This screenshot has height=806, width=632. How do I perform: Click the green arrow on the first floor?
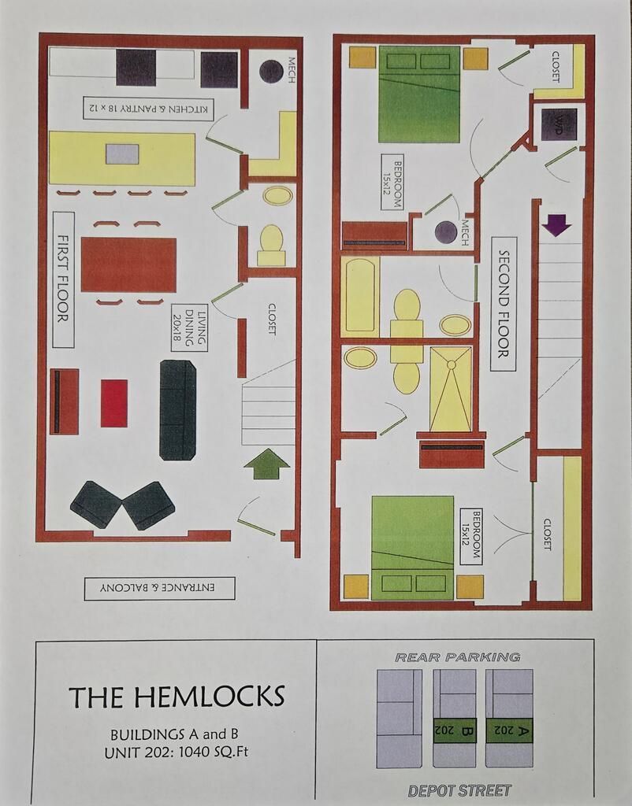pyautogui.click(x=266, y=464)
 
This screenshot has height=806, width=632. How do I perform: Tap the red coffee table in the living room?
pyautogui.click(x=113, y=404)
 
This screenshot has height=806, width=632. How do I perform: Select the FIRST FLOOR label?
pyautogui.click(x=63, y=279)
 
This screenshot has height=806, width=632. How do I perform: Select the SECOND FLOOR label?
pyautogui.click(x=503, y=305)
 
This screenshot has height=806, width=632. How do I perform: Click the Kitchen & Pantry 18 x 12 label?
pyautogui.click(x=148, y=109)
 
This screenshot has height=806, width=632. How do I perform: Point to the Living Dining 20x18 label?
pyautogui.click(x=190, y=327)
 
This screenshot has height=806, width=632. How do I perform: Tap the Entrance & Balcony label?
pyautogui.click(x=159, y=588)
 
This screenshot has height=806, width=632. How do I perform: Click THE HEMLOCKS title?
pyautogui.click(x=177, y=697)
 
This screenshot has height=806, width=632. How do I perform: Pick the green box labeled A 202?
pyautogui.click(x=510, y=730)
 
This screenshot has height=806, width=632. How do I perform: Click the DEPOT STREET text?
pyautogui.click(x=459, y=790)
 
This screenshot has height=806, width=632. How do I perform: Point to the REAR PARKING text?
pyautogui.click(x=458, y=657)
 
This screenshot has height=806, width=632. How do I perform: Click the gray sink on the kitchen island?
pyautogui.click(x=122, y=154)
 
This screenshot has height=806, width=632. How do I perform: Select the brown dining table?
pyautogui.click(x=128, y=264)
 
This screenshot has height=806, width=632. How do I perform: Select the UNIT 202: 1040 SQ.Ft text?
pyautogui.click(x=176, y=752)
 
